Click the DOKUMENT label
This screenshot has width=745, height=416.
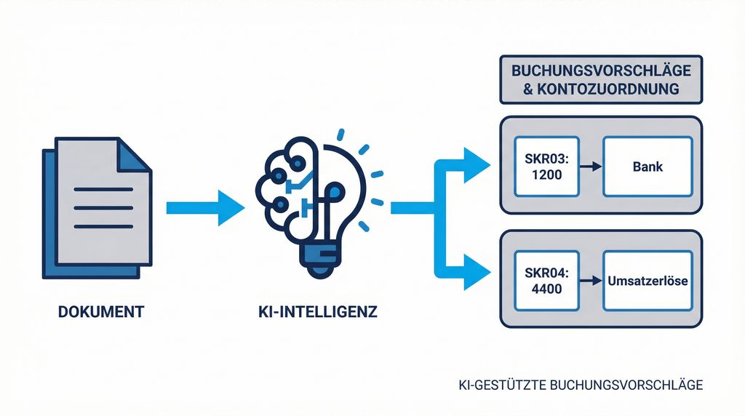[101, 313]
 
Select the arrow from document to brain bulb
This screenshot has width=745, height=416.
[204, 207]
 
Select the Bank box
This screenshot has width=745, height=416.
[648, 166]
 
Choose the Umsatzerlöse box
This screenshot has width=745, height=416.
[648, 279]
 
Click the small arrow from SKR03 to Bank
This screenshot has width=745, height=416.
[591, 167]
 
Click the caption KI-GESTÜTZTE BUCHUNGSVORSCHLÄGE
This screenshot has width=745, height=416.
[576, 385]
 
